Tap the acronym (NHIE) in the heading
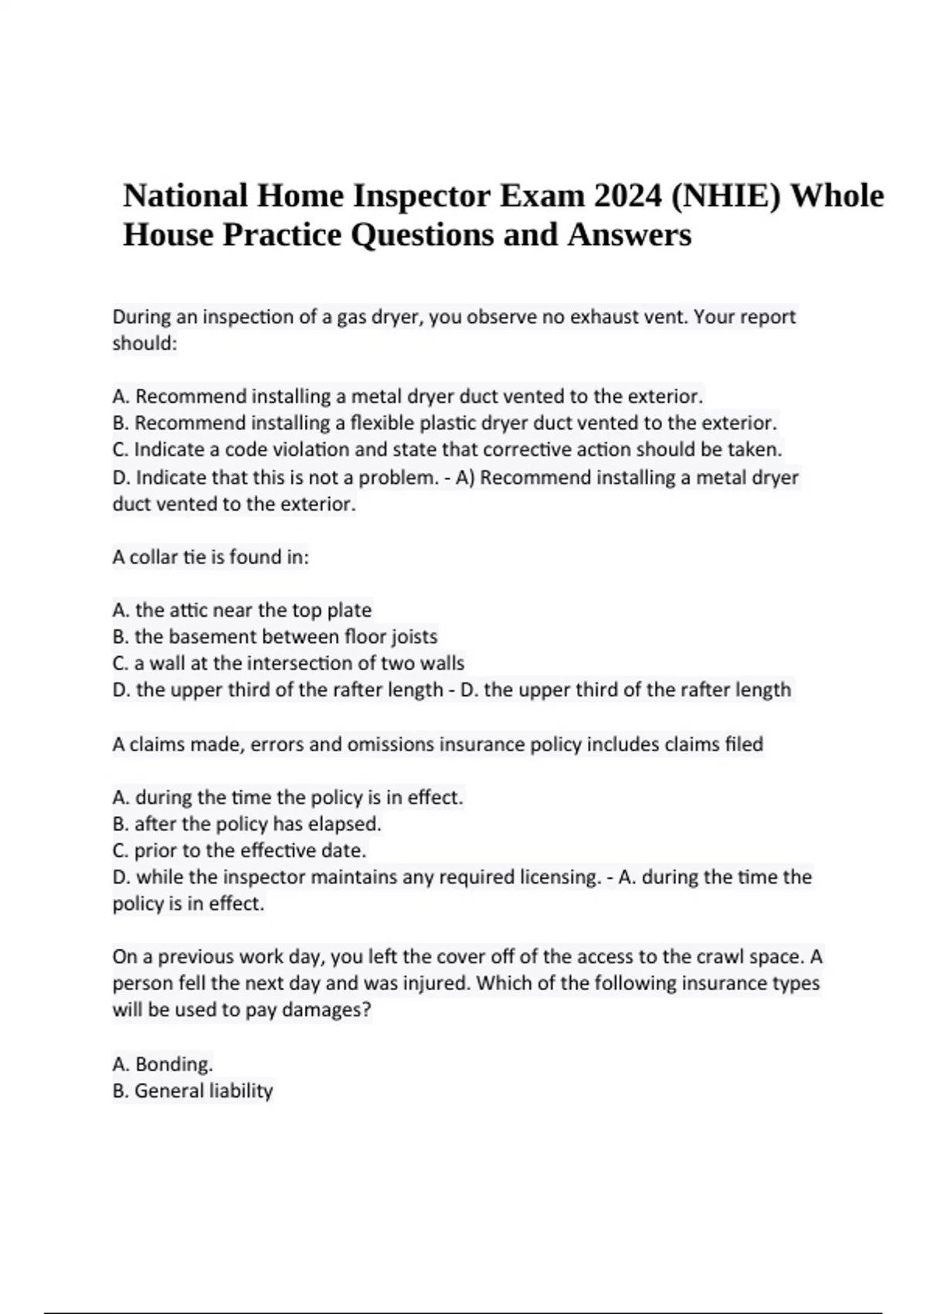725,196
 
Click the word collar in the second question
153,557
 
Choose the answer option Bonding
173,1064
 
